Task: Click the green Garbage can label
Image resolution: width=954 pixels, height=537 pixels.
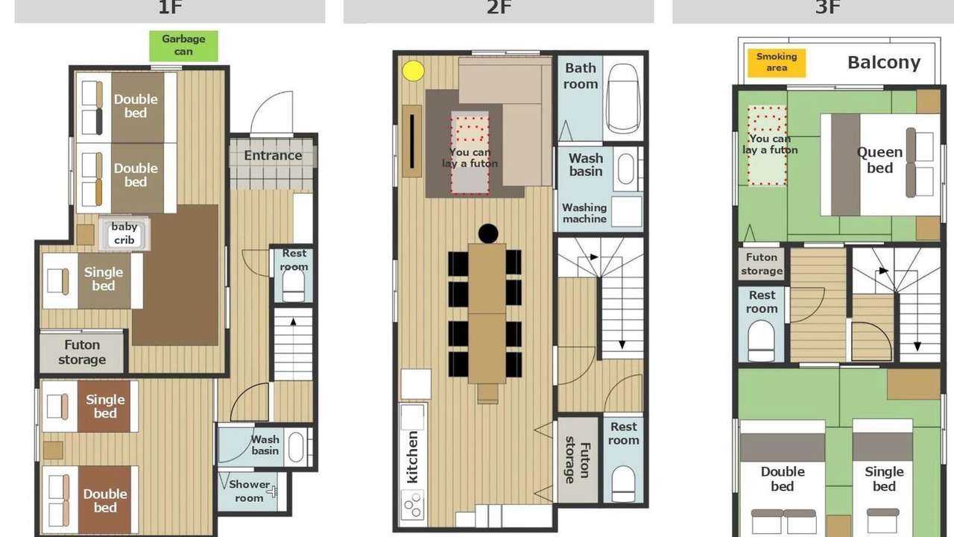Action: coord(183,45)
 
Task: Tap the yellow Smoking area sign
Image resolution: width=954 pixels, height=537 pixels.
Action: coord(777,63)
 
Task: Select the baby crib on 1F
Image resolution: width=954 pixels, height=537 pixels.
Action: coord(124,233)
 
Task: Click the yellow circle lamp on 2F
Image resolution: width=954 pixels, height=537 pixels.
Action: coord(413,71)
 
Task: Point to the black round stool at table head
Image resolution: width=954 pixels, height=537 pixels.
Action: coord(488,233)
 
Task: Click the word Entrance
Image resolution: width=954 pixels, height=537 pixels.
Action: coord(273,156)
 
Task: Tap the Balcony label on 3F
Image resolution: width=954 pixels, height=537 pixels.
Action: coord(884,63)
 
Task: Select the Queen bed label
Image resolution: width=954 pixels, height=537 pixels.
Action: coord(880,160)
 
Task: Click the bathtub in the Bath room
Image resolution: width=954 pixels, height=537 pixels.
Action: coord(622,99)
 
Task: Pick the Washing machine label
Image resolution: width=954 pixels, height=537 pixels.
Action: coord(584,213)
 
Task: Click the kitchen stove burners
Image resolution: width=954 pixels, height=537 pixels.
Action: coord(413,505)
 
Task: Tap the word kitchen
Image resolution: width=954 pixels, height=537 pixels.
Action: coord(412,457)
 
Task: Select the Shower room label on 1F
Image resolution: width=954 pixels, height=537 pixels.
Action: coord(249,491)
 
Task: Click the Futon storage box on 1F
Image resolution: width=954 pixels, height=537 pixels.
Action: coord(82,352)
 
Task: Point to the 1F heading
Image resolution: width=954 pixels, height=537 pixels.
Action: coord(171,7)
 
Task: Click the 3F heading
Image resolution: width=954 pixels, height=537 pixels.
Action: coord(827,7)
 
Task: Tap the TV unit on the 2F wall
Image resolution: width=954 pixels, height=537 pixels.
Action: coord(412,141)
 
